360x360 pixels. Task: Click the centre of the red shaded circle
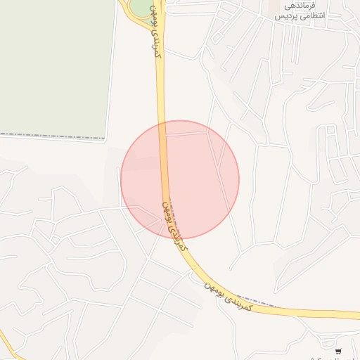(x=180, y=179)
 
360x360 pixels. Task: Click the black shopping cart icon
(x=338, y=351)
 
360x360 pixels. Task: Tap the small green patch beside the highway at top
(x=141, y=7)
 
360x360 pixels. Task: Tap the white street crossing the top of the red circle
(x=186, y=133)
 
